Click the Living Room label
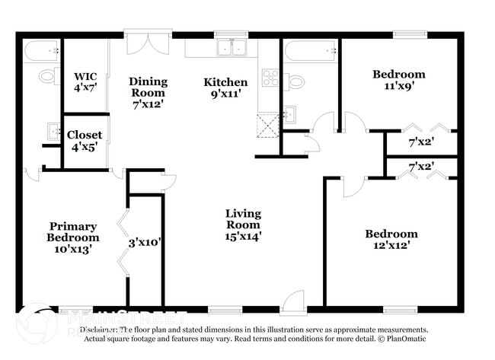pyautogui.click(x=243, y=225)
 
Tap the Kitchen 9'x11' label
pyautogui.click(x=225, y=88)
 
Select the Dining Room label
pyautogui.click(x=148, y=88)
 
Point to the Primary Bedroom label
pyautogui.click(x=73, y=237)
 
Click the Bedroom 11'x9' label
pyautogui.click(x=398, y=81)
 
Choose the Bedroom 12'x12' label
pyautogui.click(x=391, y=240)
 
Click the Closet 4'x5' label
pyautogui.click(x=85, y=141)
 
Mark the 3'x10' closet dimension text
pyautogui.click(x=144, y=244)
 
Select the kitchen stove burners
pyautogui.click(x=270, y=77)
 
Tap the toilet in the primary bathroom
pyautogui.click(x=47, y=75)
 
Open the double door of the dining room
pyautogui.click(x=148, y=43)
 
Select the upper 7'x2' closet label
pyautogui.click(x=421, y=142)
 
